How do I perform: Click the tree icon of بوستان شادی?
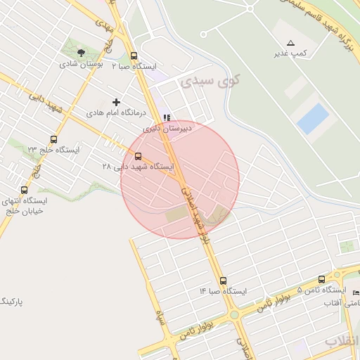click(x=82, y=53)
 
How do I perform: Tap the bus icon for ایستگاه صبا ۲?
click(x=134, y=56)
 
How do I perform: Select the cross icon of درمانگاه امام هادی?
click(x=117, y=103)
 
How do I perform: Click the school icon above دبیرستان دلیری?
click(x=166, y=118)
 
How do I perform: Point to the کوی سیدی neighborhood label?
click(x=210, y=81)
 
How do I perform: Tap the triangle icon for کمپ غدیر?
click(x=290, y=44)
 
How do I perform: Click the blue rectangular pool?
click(x=313, y=119)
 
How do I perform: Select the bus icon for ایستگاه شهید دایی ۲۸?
click(x=138, y=157)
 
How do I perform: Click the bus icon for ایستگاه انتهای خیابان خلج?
click(x=25, y=190)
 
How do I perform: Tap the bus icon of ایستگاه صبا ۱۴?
click(x=223, y=281)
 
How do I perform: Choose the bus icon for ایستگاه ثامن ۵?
click(x=322, y=280)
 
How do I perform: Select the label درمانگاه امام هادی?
click(x=116, y=112)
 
